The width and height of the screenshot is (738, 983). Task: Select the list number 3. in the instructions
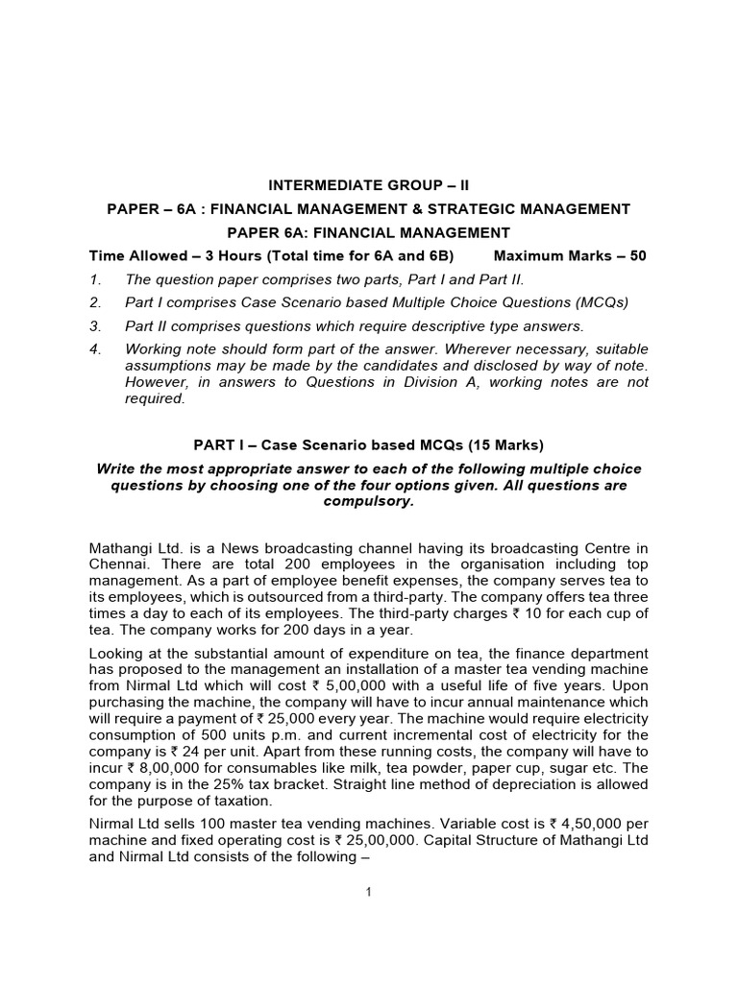(95, 325)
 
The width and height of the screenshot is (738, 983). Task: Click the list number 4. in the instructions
(95, 348)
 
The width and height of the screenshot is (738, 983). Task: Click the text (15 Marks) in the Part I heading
(495, 444)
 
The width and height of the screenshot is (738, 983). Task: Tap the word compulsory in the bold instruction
(368, 501)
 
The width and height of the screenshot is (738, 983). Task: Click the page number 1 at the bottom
(368, 892)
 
